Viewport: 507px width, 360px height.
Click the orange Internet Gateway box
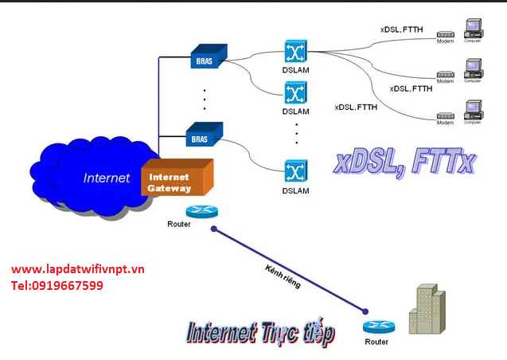[176, 178]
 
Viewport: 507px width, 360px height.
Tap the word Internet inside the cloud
[106, 178]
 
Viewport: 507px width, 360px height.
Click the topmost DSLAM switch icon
[295, 50]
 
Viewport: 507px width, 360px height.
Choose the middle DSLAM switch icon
[295, 92]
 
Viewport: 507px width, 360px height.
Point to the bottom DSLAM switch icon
[295, 171]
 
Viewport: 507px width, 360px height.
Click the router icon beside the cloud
[197, 212]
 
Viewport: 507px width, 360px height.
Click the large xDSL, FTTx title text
[404, 163]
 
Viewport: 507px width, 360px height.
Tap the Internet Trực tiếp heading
[259, 332]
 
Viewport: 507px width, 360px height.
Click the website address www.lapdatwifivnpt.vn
[78, 269]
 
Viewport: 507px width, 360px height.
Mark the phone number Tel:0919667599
[57, 285]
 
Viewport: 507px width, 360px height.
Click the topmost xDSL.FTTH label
[400, 29]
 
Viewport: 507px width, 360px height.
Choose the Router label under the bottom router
[377, 342]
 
